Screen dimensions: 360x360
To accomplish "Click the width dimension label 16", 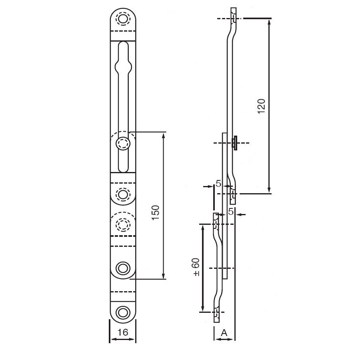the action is [x=123, y=332].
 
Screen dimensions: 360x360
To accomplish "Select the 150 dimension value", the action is [x=156, y=212].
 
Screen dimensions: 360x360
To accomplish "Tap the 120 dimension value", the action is [x=262, y=106].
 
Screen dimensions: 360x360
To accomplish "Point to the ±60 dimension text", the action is [x=196, y=267].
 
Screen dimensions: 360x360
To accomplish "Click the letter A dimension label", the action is [x=224, y=332].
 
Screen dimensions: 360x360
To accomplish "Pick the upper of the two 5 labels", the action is [x=218, y=184].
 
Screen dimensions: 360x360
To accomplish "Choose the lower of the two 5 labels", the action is [x=231, y=212].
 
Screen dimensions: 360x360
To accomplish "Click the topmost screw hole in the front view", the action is [x=123, y=18].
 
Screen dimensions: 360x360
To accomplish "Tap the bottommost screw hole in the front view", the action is [x=123, y=312].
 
